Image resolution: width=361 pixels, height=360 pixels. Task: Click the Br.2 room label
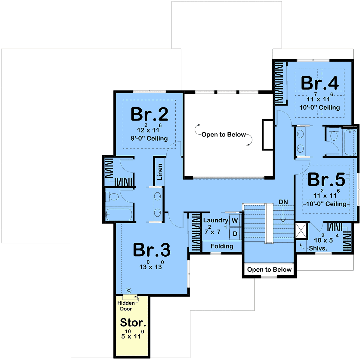pyautogui.click(x=149, y=114)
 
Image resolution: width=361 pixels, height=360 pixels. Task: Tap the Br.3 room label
pyautogui.click(x=152, y=250)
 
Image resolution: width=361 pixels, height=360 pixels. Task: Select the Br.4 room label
pyautogui.click(x=320, y=83)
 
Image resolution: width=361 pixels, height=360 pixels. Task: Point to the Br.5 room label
pyautogui.click(x=326, y=179)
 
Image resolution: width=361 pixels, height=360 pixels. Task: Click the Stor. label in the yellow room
pyautogui.click(x=133, y=322)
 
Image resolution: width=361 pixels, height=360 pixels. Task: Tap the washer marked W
pyautogui.click(x=235, y=221)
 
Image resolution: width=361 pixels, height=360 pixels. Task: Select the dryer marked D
pyautogui.click(x=235, y=233)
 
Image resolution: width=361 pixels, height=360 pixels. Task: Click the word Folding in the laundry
pyautogui.click(x=222, y=246)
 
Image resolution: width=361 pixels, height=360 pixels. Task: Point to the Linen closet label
pyautogui.click(x=160, y=172)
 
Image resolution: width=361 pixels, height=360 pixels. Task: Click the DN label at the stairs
pyautogui.click(x=283, y=202)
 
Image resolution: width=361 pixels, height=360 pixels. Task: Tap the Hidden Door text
pyautogui.click(x=126, y=306)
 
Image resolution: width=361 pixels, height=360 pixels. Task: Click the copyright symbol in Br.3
pyautogui.click(x=128, y=291)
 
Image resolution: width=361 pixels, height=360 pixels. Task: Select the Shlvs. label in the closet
pyautogui.click(x=318, y=248)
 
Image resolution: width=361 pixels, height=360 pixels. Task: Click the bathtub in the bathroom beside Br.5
pyautogui.click(x=350, y=142)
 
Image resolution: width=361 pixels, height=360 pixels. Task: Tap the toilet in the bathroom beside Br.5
pyautogui.click(x=334, y=134)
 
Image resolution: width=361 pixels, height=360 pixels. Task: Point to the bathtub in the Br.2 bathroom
pyautogui.click(x=119, y=214)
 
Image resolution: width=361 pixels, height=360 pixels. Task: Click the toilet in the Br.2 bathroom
pyautogui.click(x=112, y=197)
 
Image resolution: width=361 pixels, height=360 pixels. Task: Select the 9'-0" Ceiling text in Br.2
pyautogui.click(x=149, y=138)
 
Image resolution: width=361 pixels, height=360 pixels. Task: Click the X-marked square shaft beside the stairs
pyautogui.click(x=301, y=230)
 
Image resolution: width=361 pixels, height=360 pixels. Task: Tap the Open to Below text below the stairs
pyautogui.click(x=269, y=269)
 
